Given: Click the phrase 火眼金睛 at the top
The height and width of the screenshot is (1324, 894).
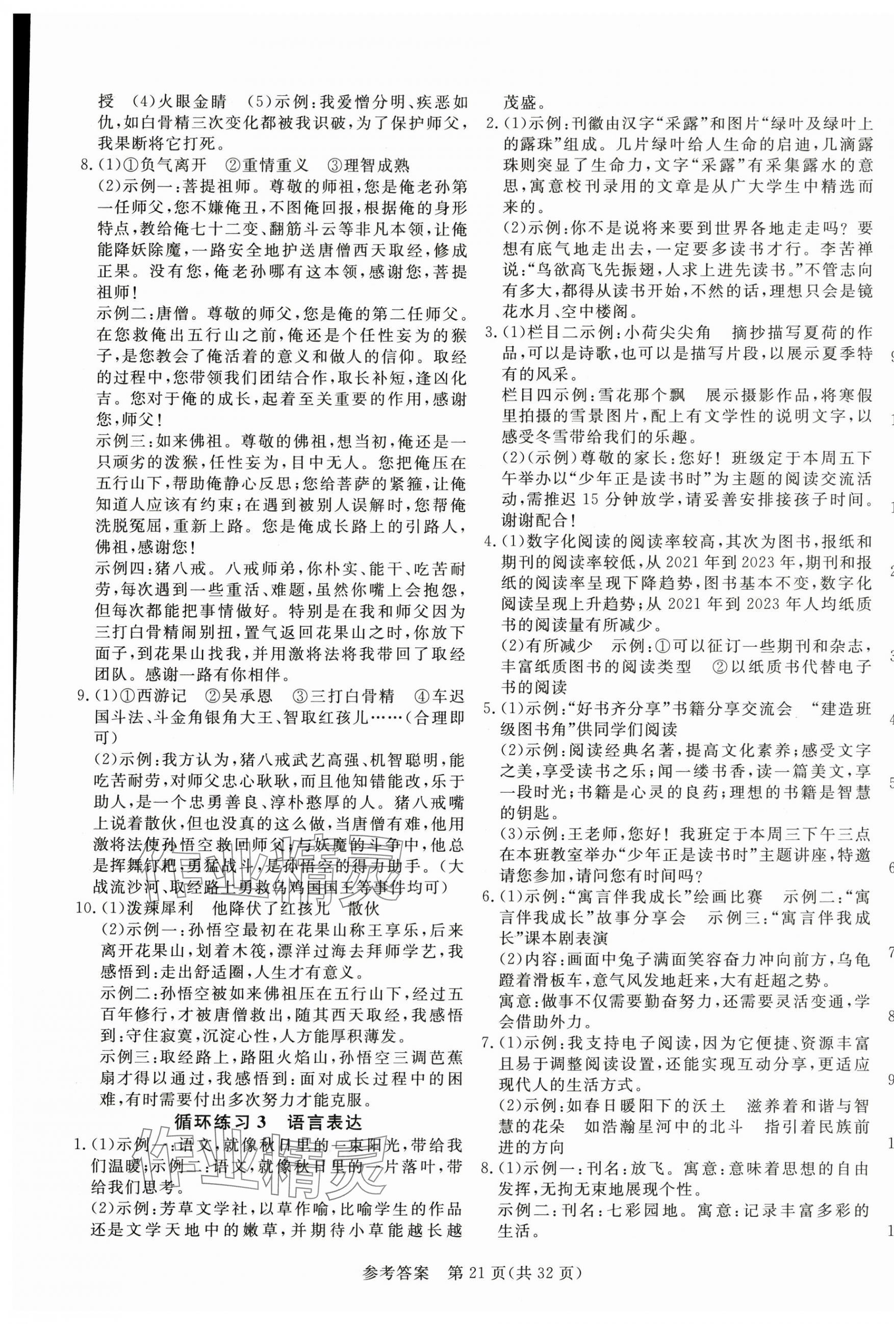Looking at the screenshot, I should click(x=193, y=103).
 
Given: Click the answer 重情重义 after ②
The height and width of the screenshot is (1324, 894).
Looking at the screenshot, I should click(x=274, y=166).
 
